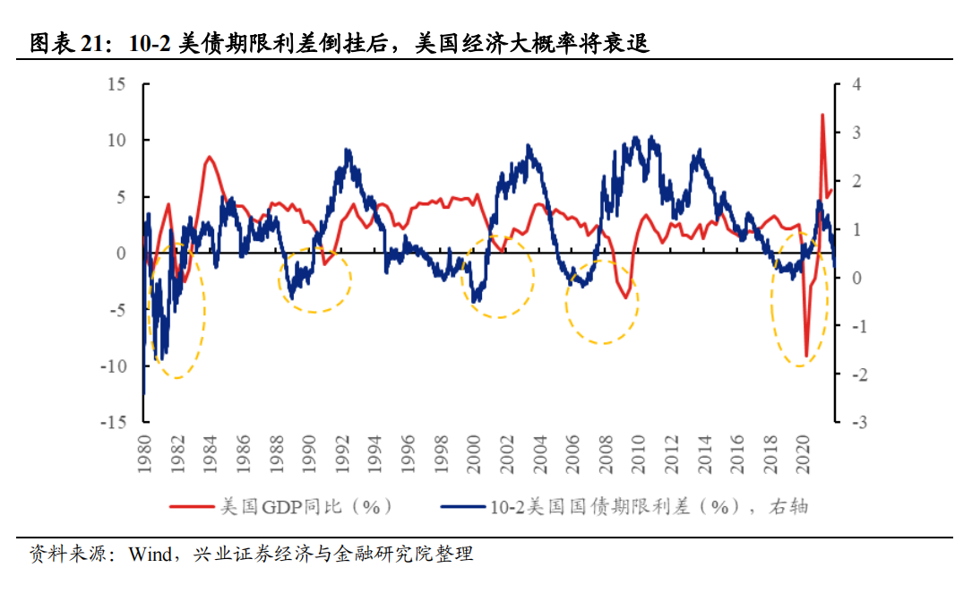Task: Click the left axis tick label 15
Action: point(116,84)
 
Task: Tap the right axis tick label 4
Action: point(856,84)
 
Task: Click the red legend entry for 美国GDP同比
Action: point(283,506)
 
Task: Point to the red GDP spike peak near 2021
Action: point(822,115)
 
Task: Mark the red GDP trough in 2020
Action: point(806,356)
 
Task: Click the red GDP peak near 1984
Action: point(210,158)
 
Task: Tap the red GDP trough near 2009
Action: point(627,297)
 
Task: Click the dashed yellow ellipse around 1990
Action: point(314,280)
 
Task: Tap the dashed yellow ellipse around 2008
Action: point(602,303)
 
